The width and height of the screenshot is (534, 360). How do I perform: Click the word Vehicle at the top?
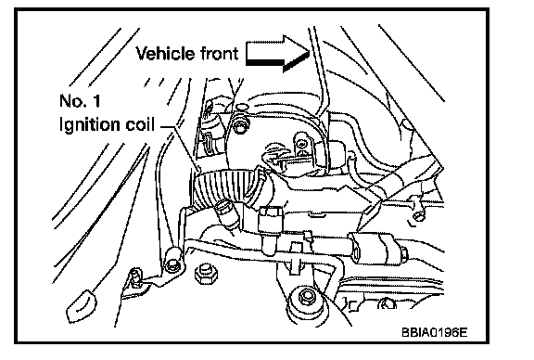165,54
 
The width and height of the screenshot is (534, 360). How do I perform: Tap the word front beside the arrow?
219,54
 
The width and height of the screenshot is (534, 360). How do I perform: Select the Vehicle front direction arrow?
277,54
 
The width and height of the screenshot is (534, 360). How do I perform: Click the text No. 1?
80,101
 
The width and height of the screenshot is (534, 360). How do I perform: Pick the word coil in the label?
140,124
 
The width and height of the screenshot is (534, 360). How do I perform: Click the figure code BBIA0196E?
434,332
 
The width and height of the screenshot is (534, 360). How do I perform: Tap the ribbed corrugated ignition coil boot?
229,186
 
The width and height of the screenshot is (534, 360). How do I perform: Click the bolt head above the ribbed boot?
241,126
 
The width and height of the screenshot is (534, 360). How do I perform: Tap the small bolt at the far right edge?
418,215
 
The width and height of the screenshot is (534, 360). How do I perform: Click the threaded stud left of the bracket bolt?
137,276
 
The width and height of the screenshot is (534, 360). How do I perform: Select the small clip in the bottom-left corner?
81,306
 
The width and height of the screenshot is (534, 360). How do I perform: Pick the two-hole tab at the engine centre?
301,146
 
